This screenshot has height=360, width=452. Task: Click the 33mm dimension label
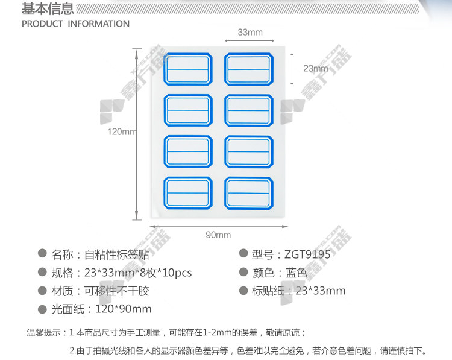[x=250, y=32]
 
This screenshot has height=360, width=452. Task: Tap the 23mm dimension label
[x=316, y=68]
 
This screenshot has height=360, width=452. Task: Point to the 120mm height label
[x=122, y=132]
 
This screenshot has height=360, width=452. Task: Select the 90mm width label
[x=218, y=235]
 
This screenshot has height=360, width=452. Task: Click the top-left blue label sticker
[x=188, y=69]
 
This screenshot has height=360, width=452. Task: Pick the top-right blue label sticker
[x=249, y=69]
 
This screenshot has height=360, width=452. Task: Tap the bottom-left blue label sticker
[x=188, y=193]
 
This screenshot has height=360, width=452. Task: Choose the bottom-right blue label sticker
[x=249, y=193]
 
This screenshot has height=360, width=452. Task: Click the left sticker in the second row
[x=188, y=110]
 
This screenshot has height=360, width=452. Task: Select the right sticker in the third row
[x=249, y=152]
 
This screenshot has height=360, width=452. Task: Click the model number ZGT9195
[x=307, y=254]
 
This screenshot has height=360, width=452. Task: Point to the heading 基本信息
[x=48, y=8]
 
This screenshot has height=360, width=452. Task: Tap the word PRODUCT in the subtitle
[x=42, y=24]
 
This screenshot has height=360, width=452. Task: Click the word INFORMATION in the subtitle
[x=99, y=24]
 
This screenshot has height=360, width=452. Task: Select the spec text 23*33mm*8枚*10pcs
[x=138, y=273]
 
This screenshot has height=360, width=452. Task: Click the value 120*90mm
[x=123, y=309]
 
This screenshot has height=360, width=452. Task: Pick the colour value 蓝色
[x=296, y=273]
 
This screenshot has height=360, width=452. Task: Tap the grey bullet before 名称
[x=42, y=253]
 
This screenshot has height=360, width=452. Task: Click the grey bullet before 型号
[x=243, y=253]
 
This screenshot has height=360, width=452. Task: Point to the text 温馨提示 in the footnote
[x=43, y=333]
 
